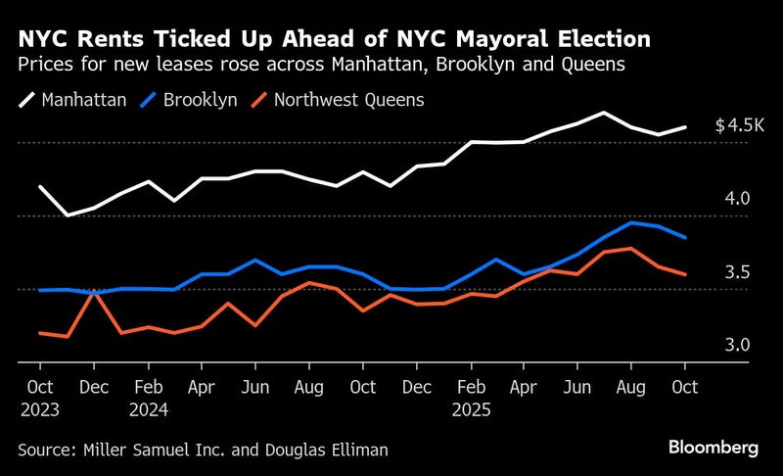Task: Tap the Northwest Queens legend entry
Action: pyautogui.click(x=339, y=100)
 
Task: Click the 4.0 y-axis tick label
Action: pyautogui.click(x=737, y=199)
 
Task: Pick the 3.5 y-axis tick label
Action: pyautogui.click(x=737, y=272)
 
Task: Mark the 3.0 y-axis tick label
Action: pyautogui.click(x=737, y=346)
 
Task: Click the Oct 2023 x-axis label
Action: pyautogui.click(x=40, y=398)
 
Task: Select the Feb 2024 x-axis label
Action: pyautogui.click(x=148, y=398)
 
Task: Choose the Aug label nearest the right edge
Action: pyautogui.click(x=630, y=387)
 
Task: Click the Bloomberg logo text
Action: pyautogui.click(x=714, y=448)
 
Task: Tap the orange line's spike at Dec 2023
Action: pyautogui.click(x=94, y=291)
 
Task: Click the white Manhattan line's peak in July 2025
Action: pyautogui.click(x=604, y=113)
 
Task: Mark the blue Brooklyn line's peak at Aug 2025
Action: pyautogui.click(x=631, y=222)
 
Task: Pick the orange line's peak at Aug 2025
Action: pyautogui.click(x=631, y=249)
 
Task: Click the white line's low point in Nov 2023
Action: pyautogui.click(x=67, y=215)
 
